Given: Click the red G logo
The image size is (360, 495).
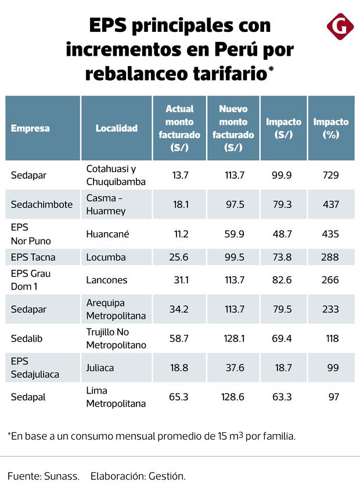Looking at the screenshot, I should [340, 27].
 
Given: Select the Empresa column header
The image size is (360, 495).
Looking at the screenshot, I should [30, 128].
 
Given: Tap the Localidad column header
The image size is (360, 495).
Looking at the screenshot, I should [116, 128].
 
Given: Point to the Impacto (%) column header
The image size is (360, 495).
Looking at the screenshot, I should [331, 128].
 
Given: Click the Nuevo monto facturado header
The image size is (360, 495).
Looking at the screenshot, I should [233, 128].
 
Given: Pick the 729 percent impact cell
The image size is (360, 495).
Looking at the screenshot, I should [331, 175].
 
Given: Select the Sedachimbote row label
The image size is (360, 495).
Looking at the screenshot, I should [42, 204].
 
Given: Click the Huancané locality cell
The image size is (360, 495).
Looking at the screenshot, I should [107, 234].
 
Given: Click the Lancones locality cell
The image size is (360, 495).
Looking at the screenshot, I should [106, 280].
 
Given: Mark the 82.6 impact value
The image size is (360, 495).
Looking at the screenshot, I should [282, 280].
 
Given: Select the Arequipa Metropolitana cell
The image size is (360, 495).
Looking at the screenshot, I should [116, 309].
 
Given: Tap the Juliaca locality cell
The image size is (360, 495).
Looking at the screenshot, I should [100, 368].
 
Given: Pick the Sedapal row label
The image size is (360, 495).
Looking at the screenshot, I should [27, 397].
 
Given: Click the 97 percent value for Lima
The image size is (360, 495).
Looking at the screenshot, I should [333, 397].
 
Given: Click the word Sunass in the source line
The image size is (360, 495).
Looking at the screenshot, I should [62, 476].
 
